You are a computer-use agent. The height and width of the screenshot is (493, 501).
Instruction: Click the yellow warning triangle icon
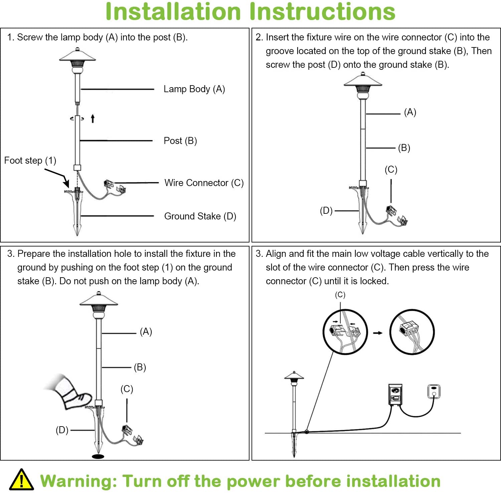[21, 480]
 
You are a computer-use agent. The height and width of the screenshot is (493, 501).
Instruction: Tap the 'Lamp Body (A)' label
[194, 89]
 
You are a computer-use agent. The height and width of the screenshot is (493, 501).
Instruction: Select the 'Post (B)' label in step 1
[180, 141]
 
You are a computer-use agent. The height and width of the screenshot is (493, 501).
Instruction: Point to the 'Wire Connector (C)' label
[204, 183]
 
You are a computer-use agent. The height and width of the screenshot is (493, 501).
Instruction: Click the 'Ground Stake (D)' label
[200, 216]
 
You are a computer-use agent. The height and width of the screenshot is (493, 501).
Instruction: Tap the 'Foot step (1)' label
[30, 161]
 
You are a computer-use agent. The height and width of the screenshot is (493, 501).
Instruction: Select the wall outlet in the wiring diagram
[434, 391]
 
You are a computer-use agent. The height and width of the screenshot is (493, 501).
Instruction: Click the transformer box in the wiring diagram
[395, 394]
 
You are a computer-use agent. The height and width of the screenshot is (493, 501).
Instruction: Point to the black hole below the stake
[98, 456]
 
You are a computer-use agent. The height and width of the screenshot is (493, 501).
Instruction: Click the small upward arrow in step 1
[93, 118]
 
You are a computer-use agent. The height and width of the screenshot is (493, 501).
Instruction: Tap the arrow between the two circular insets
[378, 333]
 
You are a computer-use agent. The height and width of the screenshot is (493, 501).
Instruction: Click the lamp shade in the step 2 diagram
[363, 80]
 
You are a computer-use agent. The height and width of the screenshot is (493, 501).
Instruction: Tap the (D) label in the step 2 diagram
[326, 211]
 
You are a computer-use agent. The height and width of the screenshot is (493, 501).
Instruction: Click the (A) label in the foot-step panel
[146, 332]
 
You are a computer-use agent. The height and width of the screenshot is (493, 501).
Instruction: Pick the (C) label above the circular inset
[340, 295]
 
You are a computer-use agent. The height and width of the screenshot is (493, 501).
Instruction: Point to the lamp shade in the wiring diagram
[294, 376]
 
